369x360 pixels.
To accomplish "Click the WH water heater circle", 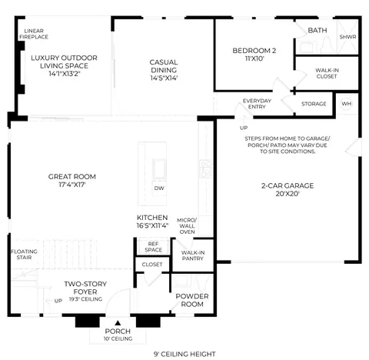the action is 347,104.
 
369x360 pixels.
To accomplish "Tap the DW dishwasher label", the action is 159,188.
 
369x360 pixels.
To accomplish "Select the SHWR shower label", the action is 347,37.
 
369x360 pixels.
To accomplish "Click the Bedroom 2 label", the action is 254,51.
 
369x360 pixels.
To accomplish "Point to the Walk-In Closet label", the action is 327,73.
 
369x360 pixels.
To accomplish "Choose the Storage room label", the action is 314,104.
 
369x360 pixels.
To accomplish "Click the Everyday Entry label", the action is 257,104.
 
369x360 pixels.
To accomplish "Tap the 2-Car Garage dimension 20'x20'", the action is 288,194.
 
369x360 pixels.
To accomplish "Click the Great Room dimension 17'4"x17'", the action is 72,185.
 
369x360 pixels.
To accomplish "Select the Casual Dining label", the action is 164,66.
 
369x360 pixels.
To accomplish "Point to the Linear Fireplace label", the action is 34,34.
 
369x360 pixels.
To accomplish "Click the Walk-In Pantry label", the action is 193,255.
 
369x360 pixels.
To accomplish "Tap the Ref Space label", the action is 153,247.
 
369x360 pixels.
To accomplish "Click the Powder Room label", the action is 192,300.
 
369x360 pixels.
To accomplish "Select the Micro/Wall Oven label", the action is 187,226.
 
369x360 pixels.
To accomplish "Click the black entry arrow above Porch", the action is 118,323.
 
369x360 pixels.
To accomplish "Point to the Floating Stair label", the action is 24,255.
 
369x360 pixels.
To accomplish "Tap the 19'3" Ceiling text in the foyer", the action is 85,299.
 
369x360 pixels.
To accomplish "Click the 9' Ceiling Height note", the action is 184,354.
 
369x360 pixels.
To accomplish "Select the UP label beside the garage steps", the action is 244,128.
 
